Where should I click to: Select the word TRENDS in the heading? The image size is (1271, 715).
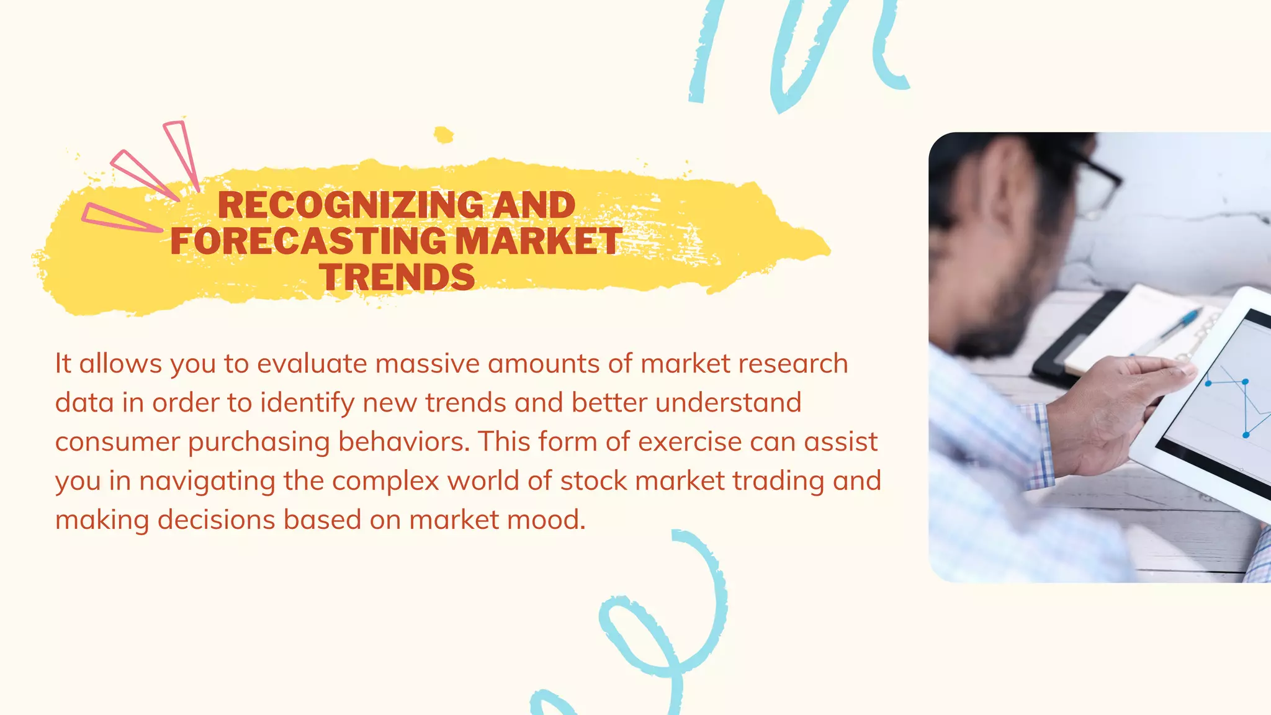[x=398, y=277]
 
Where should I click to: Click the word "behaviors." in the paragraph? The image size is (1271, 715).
[x=403, y=442]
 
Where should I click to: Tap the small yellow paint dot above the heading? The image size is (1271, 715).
[x=443, y=135]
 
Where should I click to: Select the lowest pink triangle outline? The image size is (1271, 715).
[x=118, y=217]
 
